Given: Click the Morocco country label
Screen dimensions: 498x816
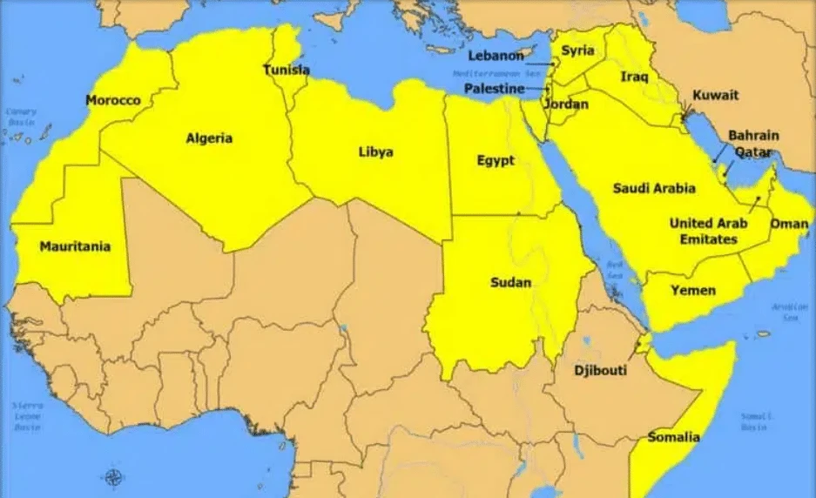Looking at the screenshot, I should [113, 101].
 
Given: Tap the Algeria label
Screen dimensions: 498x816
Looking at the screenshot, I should [209, 138].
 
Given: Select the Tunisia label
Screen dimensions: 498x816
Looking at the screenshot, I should [287, 70].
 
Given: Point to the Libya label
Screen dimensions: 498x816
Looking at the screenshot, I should [375, 152].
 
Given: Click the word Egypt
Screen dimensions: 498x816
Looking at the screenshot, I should [496, 161].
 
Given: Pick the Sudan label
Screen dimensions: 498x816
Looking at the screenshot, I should [511, 283].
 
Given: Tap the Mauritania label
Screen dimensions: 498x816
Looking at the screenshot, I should [75, 247].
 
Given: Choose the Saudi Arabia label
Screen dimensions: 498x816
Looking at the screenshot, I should [654, 188].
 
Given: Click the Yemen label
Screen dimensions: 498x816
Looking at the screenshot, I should [693, 290].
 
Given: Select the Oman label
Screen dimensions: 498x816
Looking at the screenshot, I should [789, 224].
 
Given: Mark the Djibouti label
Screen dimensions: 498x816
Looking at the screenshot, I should [600, 371].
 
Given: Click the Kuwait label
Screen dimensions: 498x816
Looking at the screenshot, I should [715, 95].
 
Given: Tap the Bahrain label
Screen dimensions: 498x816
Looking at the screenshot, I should [753, 136].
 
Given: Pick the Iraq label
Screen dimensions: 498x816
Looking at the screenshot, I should [634, 77].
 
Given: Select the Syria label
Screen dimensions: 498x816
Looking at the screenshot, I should [577, 50].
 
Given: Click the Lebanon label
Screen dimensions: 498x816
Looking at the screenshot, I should [496, 56].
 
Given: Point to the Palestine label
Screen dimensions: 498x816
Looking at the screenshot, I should [494, 89].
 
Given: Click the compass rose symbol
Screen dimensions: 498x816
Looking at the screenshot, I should [113, 477].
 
